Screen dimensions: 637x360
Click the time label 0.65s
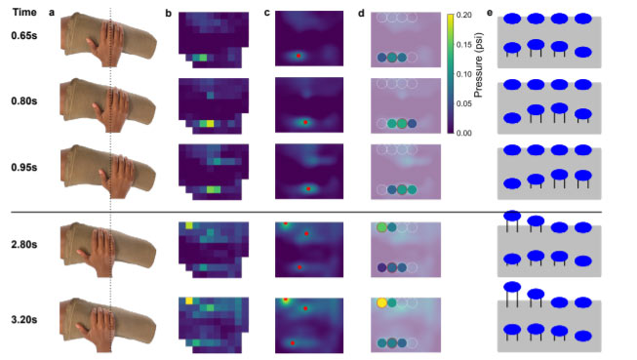[x=24, y=36]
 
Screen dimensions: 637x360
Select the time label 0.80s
[x=24, y=100]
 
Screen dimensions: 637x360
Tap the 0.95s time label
[x=24, y=168]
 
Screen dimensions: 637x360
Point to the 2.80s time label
[x=24, y=245]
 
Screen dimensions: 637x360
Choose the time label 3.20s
[x=24, y=320]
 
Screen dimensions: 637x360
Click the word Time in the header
[x=24, y=12]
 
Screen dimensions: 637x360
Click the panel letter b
[x=168, y=14]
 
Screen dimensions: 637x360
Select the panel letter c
[x=267, y=13]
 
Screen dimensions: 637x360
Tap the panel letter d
[x=361, y=14]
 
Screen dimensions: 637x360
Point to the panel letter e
[x=490, y=13]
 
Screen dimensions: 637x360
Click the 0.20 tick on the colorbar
[x=464, y=15]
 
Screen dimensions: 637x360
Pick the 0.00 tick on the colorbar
[x=464, y=134]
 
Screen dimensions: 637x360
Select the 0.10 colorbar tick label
[x=464, y=74]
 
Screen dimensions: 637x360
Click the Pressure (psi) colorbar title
[x=478, y=65]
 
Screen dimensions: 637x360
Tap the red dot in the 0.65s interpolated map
[x=299, y=56]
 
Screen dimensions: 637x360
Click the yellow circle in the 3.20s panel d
[x=381, y=302]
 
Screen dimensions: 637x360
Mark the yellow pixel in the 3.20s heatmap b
[x=189, y=300]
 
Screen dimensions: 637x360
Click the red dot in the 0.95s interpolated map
[x=308, y=189]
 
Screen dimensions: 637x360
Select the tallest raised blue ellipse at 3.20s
[x=512, y=287]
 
